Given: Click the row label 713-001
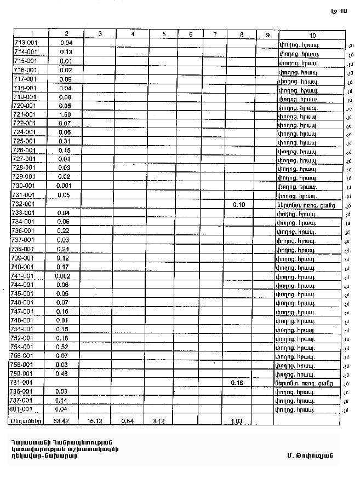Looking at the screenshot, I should [x=24, y=43].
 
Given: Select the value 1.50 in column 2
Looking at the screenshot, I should [x=66, y=114].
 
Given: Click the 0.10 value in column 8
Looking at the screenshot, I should [x=239, y=204].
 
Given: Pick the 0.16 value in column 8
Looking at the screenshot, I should [x=237, y=383].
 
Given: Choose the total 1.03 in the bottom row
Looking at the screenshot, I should [x=237, y=421].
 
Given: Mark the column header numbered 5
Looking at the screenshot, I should [x=164, y=34].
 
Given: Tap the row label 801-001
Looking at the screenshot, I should [x=22, y=409].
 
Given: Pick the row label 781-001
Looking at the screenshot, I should [x=22, y=383].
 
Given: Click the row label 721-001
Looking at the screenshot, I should [x=24, y=114].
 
